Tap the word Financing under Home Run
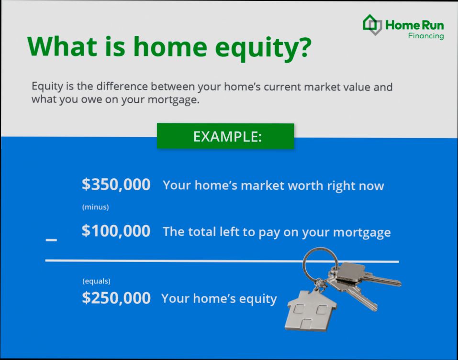pyautogui.click(x=425, y=36)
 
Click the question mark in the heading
pyautogui.click(x=302, y=46)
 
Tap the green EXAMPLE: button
pyautogui.click(x=225, y=136)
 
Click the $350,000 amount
pyautogui.click(x=116, y=185)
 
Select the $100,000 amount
pyautogui.click(x=116, y=231)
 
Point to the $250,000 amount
pyautogui.click(x=116, y=298)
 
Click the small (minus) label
pyautogui.click(x=95, y=207)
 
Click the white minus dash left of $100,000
pyautogui.click(x=51, y=239)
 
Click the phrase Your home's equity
pyautogui.click(x=219, y=299)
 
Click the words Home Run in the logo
pyautogui.click(x=414, y=25)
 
